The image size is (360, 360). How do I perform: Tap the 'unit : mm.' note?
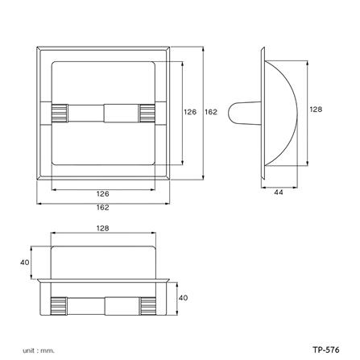click(39, 349)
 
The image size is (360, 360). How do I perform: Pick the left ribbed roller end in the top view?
click(58, 307)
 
